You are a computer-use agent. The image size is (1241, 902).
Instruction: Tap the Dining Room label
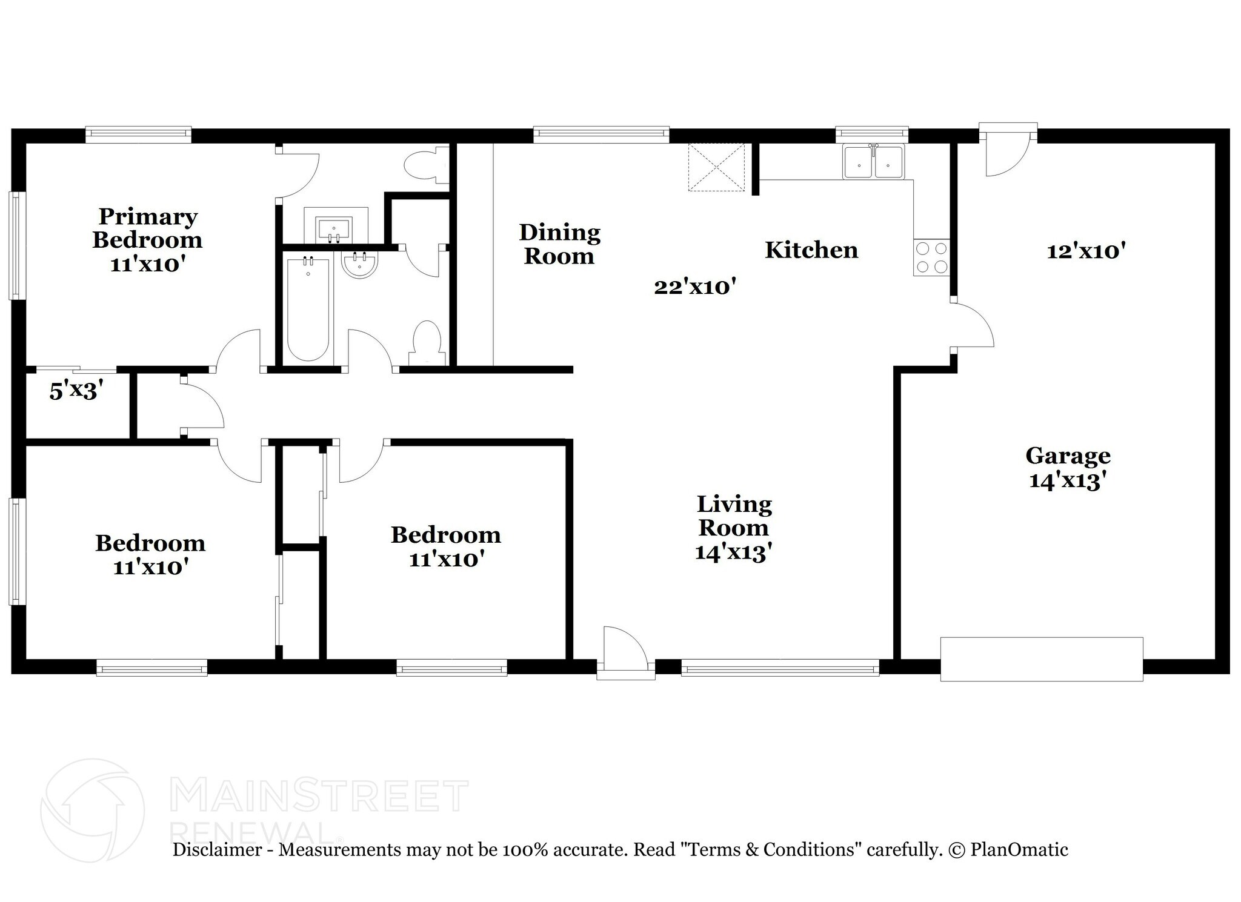[x=559, y=244]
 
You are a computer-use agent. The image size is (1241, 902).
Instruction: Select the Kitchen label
[x=811, y=250]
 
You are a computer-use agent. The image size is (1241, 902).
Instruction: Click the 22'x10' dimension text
[x=695, y=287]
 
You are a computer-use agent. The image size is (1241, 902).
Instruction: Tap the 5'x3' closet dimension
[x=73, y=391]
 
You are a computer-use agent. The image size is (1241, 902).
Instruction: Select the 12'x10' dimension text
[x=1086, y=251]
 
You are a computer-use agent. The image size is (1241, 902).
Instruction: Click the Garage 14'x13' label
[x=1068, y=468]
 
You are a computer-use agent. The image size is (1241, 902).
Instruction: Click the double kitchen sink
[x=873, y=162]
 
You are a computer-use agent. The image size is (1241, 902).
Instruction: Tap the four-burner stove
[x=931, y=257]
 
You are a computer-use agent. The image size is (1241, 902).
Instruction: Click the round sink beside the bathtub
[x=359, y=266]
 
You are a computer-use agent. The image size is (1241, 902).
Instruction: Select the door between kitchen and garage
[x=971, y=325]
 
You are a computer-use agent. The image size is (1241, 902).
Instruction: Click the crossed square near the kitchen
[x=716, y=167]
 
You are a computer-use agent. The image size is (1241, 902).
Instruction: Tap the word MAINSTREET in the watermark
[x=321, y=796]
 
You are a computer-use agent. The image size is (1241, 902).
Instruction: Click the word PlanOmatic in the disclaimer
[x=1019, y=849]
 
